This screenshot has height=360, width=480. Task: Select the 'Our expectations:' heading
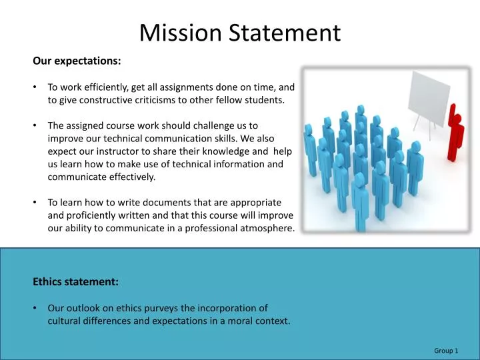click(x=77, y=61)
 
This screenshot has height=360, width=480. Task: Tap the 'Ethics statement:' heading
click(x=75, y=282)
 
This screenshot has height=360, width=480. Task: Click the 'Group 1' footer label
click(x=446, y=351)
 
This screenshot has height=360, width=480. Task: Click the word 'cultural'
click(x=65, y=321)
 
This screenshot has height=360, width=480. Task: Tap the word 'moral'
click(x=237, y=321)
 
